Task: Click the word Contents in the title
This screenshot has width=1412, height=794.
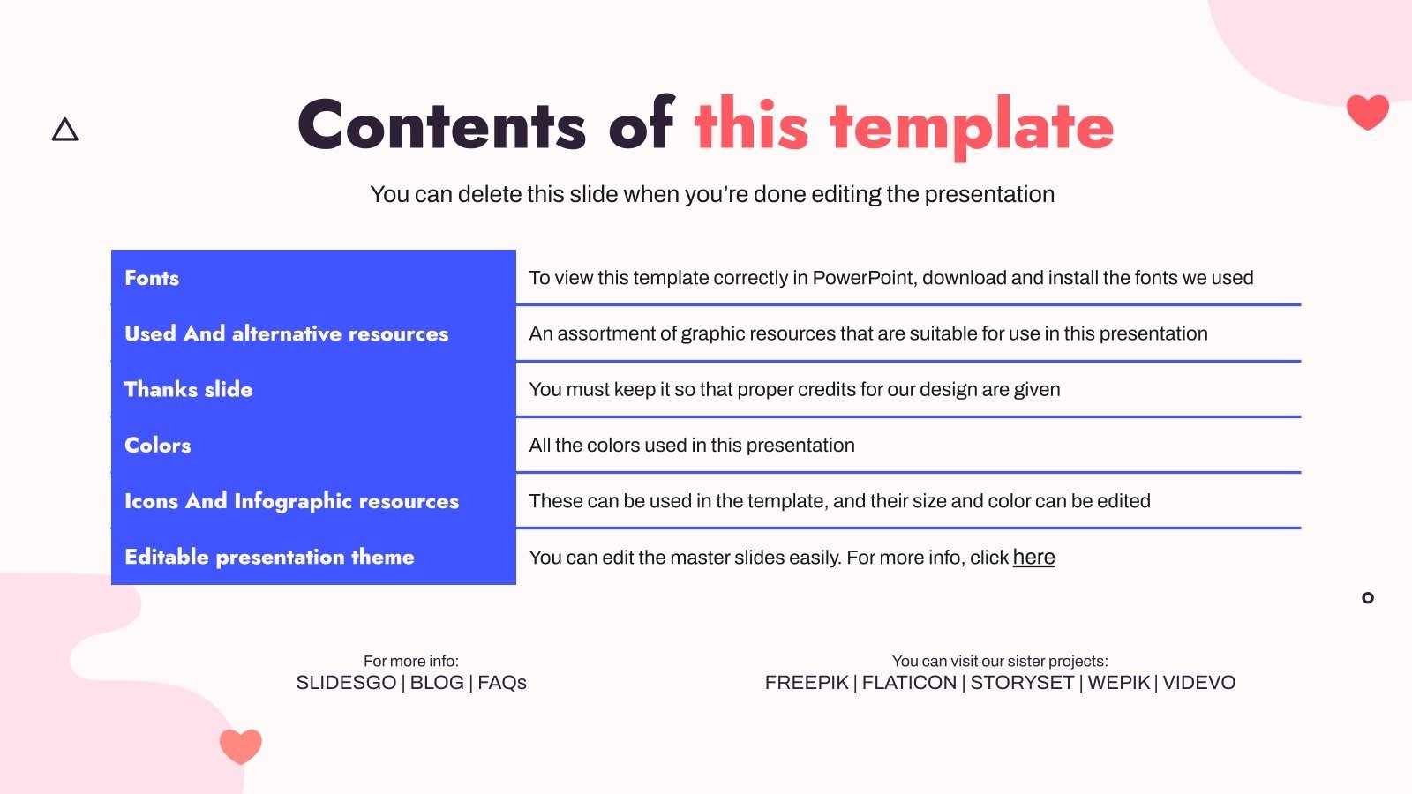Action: click(442, 124)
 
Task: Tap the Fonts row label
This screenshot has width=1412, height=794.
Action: click(152, 278)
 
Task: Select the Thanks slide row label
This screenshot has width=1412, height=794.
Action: click(189, 389)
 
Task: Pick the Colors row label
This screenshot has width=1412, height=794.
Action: click(158, 446)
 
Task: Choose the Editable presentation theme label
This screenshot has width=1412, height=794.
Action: click(269, 557)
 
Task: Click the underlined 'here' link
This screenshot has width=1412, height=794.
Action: click(1033, 557)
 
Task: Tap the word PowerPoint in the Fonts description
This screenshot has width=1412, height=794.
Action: click(864, 278)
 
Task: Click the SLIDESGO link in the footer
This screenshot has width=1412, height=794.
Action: click(346, 683)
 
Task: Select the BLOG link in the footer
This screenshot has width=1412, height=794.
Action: click(437, 683)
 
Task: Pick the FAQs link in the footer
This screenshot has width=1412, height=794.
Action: click(502, 683)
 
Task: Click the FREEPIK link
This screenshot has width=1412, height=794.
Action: click(807, 683)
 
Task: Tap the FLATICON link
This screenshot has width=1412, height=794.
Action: click(909, 683)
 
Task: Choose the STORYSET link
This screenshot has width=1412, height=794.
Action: click(1022, 683)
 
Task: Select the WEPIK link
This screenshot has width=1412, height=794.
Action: click(1119, 683)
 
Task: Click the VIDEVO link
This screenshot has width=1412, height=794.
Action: click(1199, 683)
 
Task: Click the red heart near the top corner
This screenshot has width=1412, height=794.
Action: click(1368, 111)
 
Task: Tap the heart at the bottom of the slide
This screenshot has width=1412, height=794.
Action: click(241, 746)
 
